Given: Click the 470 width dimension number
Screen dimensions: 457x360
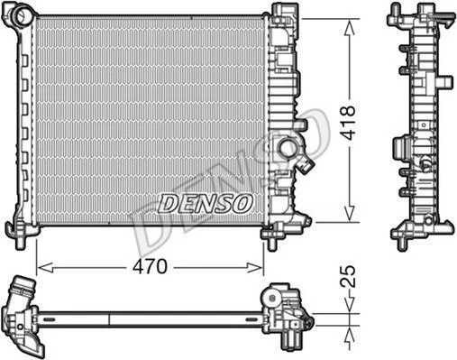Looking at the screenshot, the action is click(150, 267).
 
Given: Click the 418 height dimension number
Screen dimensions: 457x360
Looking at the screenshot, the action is click(349, 123).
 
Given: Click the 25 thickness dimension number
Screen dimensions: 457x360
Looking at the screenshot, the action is click(349, 276).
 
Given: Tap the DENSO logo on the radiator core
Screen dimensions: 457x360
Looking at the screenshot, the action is click(206, 203).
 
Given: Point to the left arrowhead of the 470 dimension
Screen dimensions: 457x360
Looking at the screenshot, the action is click(45, 267).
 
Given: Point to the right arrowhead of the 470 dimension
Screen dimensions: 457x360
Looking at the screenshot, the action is click(255, 267).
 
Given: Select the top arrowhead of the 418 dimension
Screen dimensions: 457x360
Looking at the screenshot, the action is click(349, 29).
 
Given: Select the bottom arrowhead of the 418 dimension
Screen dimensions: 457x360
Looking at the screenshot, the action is click(349, 214).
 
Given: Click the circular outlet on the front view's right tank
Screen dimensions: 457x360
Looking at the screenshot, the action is click(288, 147).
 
